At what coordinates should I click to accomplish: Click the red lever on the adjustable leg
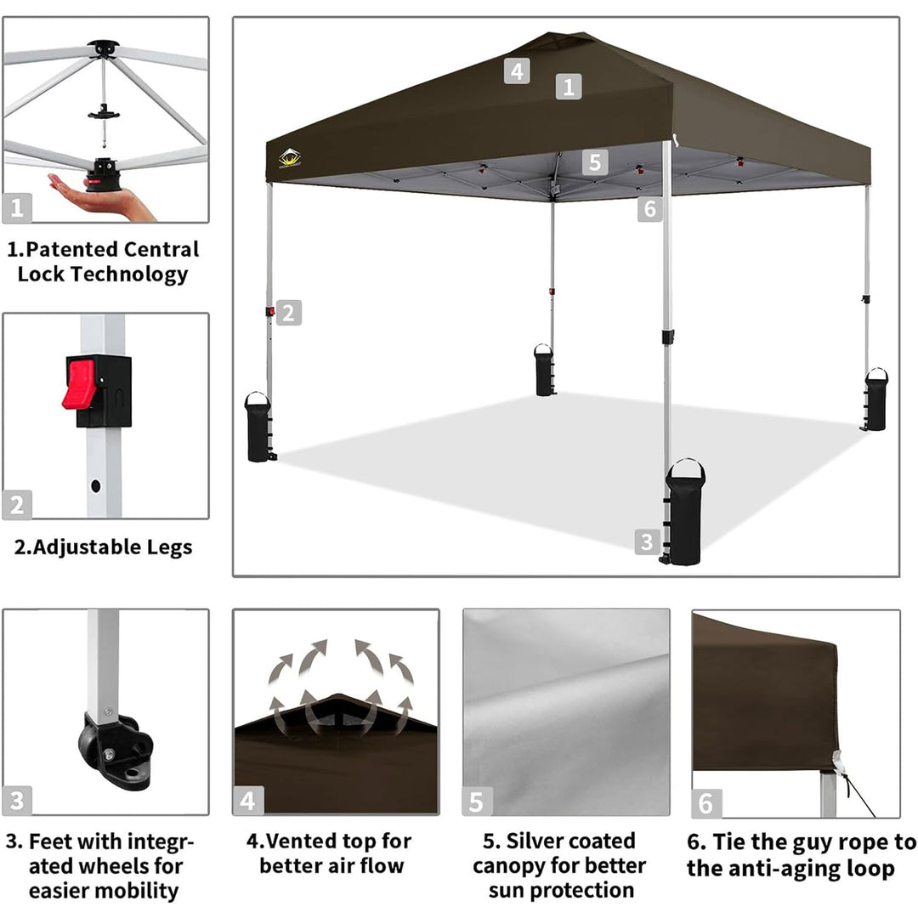(x=79, y=384)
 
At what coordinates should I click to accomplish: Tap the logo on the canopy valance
(x=290, y=158)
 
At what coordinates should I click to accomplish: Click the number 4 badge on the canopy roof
(x=517, y=71)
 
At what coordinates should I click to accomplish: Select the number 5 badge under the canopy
(x=595, y=161)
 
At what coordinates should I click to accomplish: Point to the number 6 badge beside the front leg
(x=650, y=209)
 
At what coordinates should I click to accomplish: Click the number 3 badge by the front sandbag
(x=646, y=542)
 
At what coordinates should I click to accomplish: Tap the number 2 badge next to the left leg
(x=289, y=313)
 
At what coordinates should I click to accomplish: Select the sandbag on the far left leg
(x=258, y=427)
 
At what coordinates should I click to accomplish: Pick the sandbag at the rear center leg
(x=544, y=370)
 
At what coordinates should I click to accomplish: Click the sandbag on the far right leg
(x=875, y=399)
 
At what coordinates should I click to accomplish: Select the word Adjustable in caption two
(x=79, y=547)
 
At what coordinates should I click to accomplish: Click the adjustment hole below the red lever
(x=95, y=485)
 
